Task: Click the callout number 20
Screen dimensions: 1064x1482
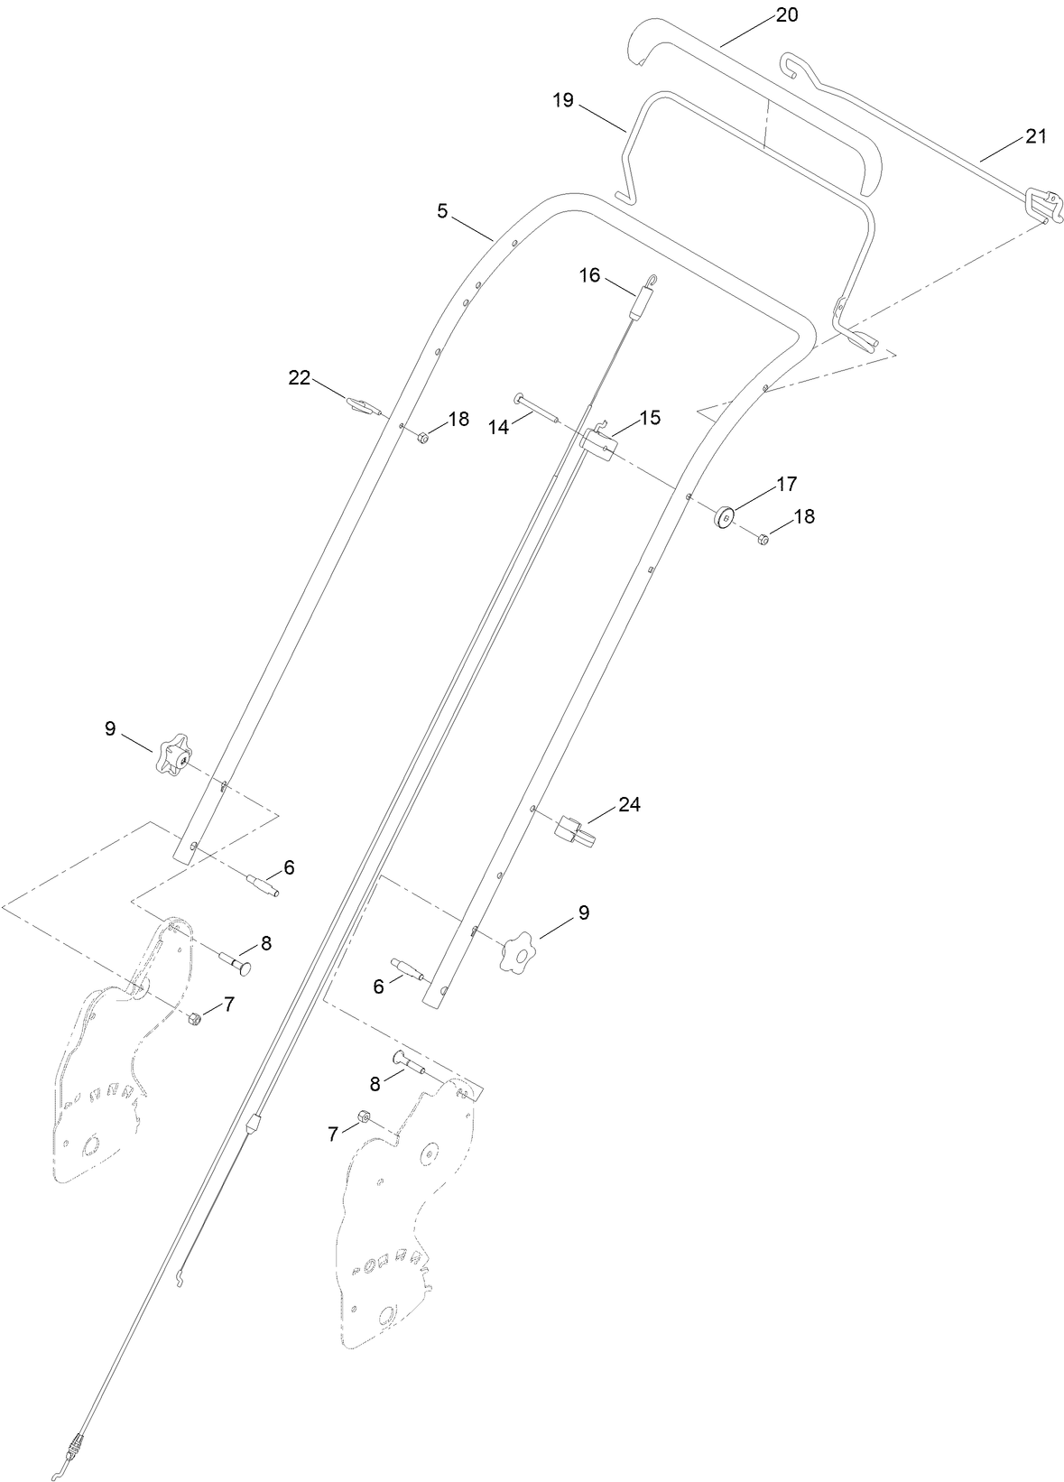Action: click(786, 14)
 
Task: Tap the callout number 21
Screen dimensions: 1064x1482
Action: click(1035, 136)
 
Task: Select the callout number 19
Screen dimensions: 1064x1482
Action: click(564, 100)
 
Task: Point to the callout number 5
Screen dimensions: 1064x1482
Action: click(442, 211)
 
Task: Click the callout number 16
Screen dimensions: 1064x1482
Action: click(589, 275)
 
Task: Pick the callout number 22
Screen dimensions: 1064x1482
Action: click(299, 378)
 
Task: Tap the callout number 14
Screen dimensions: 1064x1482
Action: click(499, 428)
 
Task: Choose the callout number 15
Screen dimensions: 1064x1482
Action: click(650, 418)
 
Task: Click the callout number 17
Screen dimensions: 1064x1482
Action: click(787, 484)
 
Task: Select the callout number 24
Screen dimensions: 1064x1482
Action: click(629, 804)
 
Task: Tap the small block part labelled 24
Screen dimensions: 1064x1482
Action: click(575, 829)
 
